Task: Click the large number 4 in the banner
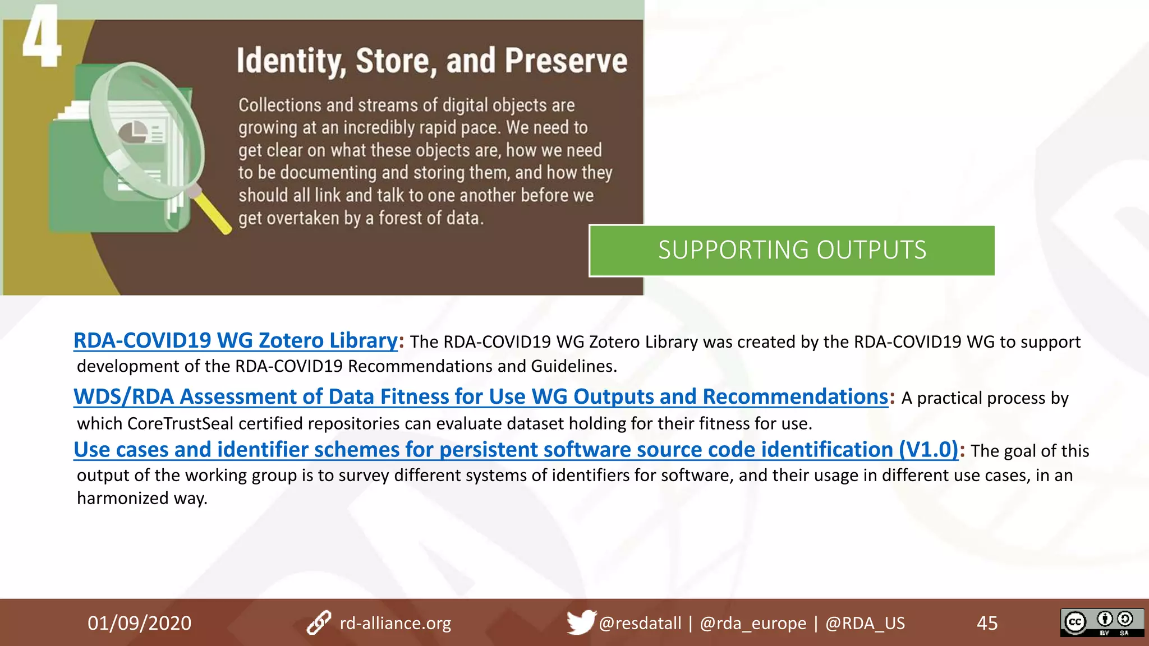pyautogui.click(x=41, y=36)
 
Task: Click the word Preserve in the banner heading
pyautogui.click(x=566, y=61)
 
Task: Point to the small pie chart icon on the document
pyautogui.click(x=133, y=132)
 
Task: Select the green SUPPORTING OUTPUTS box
pyautogui.click(x=792, y=250)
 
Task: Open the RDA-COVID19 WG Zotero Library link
pyautogui.click(x=236, y=340)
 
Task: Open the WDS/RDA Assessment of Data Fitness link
pyautogui.click(x=481, y=396)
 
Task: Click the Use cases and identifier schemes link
pyautogui.click(x=516, y=450)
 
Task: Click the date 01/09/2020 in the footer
pyautogui.click(x=139, y=623)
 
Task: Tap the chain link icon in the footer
pyautogui.click(x=319, y=623)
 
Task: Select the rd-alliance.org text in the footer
pyautogui.click(x=396, y=623)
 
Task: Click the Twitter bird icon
pyautogui.click(x=580, y=622)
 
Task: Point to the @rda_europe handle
pyautogui.click(x=753, y=623)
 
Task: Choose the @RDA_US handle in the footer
pyautogui.click(x=865, y=623)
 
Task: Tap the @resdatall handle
pyautogui.click(x=640, y=623)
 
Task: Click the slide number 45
pyautogui.click(x=987, y=623)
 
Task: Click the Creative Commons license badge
pyautogui.click(x=1102, y=622)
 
